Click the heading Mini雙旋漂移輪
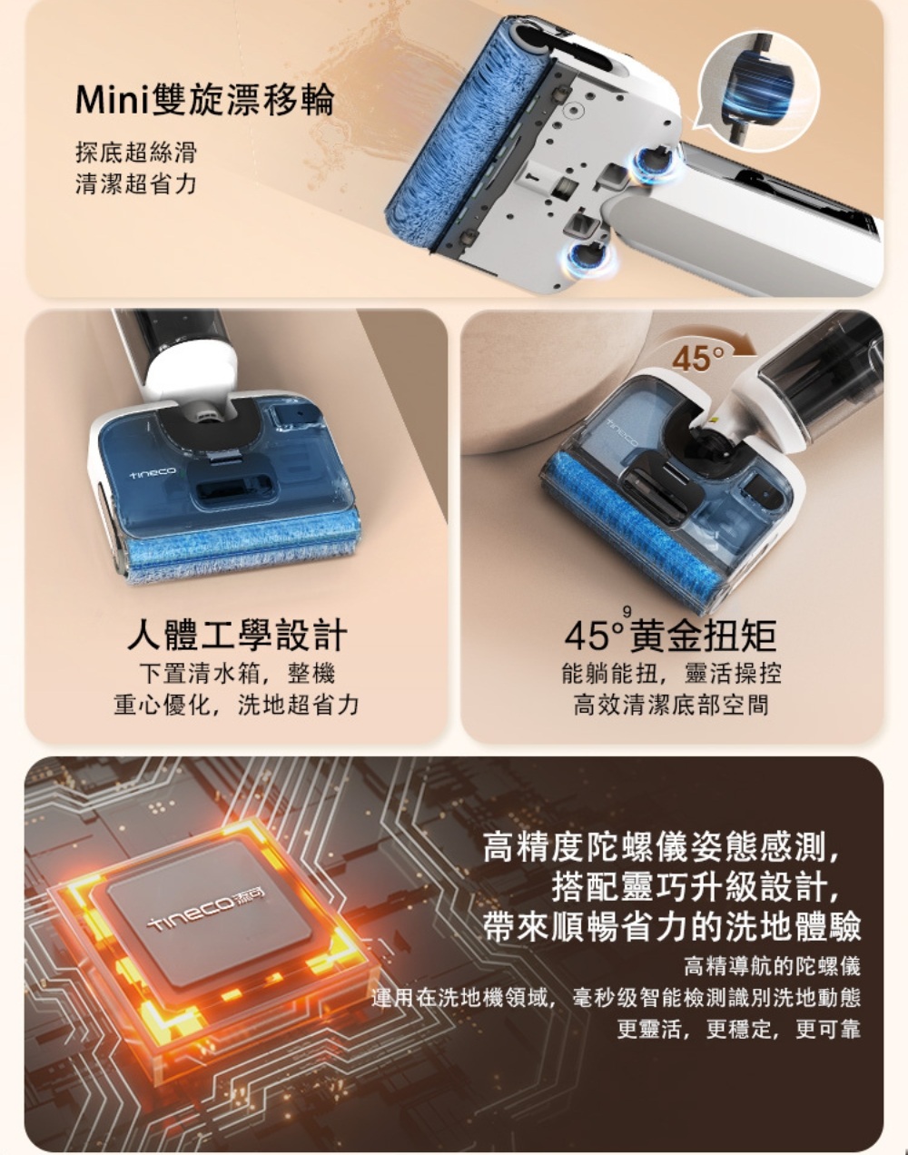click(x=204, y=101)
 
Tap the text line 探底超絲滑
click(x=135, y=151)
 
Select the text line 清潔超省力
click(x=135, y=183)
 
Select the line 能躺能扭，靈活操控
click(x=671, y=673)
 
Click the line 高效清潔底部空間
click(x=671, y=705)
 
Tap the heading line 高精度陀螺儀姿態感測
click(x=666, y=848)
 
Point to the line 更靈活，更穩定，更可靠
click(x=738, y=1030)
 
